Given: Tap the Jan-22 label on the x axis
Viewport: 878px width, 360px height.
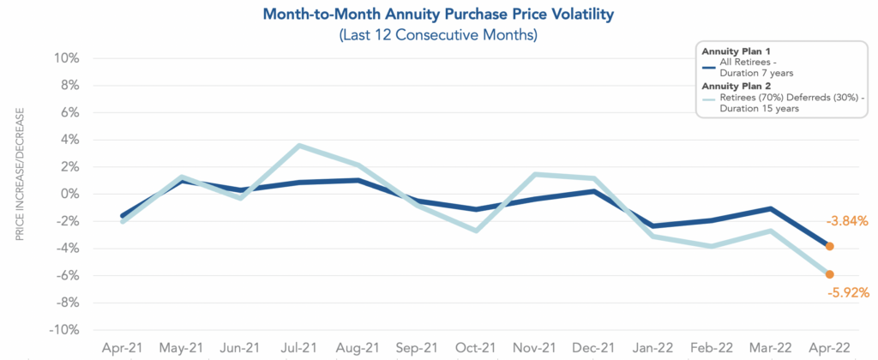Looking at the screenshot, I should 652,348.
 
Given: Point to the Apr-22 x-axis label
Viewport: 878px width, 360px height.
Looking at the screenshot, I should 829,348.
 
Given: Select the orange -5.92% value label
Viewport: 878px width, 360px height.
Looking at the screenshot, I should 848,292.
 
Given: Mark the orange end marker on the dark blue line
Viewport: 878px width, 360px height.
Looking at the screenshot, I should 829,246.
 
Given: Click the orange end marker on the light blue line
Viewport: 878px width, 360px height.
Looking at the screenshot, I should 829,274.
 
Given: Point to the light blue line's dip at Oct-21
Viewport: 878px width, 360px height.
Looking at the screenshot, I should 476,231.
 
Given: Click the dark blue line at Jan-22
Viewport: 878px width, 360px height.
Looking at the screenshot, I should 652,226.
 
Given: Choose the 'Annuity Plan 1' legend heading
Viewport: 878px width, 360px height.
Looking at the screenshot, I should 737,51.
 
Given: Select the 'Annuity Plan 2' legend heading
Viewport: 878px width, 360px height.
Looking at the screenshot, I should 737,87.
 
